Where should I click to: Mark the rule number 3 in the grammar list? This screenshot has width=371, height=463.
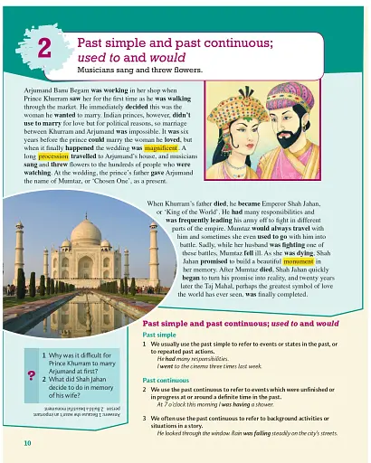[x=147, y=420]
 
